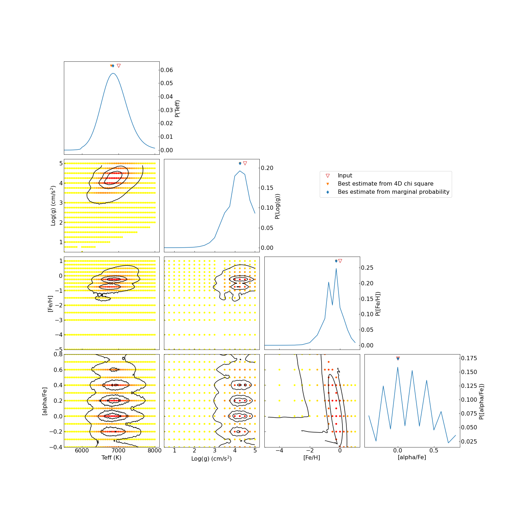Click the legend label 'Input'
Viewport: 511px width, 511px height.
click(345, 176)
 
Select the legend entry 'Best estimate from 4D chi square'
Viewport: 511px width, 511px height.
click(385, 184)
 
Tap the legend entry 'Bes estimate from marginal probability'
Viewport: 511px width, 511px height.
click(393, 192)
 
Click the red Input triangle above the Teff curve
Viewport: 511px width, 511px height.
click(119, 66)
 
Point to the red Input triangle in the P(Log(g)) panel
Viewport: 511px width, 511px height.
click(245, 163)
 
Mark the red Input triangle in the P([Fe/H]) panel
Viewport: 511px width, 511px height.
click(340, 261)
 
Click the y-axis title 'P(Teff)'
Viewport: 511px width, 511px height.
click(178, 108)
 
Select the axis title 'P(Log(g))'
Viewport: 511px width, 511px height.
click(278, 206)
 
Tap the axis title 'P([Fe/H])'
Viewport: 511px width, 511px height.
click(378, 304)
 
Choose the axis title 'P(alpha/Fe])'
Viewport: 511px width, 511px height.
click(481, 401)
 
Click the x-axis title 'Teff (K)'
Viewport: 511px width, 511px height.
click(111, 458)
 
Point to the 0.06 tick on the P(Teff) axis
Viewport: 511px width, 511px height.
click(167, 70)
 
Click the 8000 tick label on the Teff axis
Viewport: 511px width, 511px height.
click(154, 451)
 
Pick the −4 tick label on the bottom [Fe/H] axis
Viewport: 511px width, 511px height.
click(279, 451)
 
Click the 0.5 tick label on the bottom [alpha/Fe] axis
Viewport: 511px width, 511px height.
click(434, 451)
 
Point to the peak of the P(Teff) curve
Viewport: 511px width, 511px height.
click(113, 73)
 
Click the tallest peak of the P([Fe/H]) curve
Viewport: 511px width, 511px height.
click(336, 269)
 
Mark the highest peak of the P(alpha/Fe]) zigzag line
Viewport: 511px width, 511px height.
click(397, 367)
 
